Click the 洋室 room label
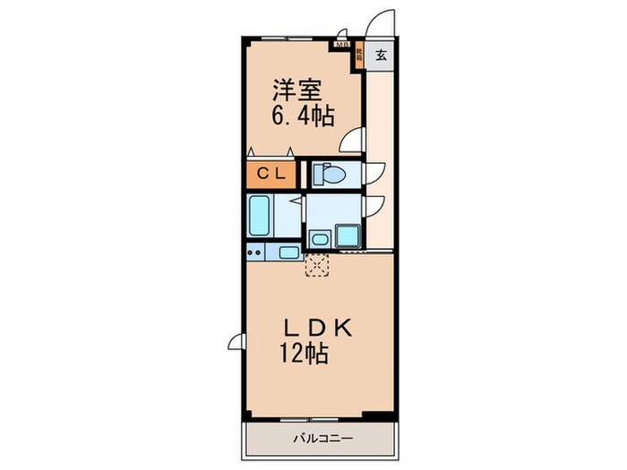[294, 90]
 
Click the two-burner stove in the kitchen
[255, 252]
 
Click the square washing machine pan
[347, 237]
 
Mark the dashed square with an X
[317, 266]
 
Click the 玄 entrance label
[381, 56]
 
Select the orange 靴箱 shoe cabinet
[358, 56]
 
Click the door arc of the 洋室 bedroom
[355, 141]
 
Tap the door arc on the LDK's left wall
[236, 340]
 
